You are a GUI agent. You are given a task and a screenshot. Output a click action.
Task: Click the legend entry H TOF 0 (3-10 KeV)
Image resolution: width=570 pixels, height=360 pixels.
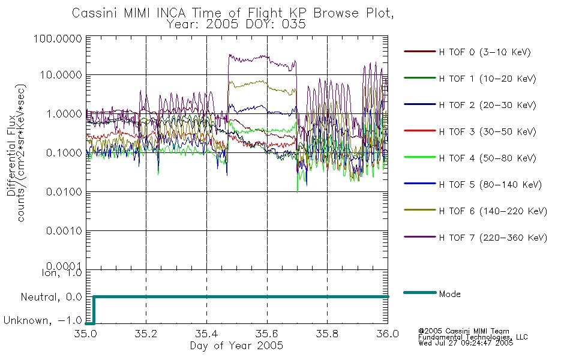[x=485, y=52]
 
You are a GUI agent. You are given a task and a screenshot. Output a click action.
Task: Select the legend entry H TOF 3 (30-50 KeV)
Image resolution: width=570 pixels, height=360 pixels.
[x=487, y=131]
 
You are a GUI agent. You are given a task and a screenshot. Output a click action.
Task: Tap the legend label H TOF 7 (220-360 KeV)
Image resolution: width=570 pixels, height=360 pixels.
[x=493, y=238]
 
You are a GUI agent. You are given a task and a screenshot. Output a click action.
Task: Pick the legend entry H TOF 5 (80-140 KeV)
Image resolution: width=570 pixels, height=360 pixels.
[x=490, y=185]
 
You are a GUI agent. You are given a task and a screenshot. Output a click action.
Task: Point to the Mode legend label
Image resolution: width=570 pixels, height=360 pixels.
[x=449, y=294]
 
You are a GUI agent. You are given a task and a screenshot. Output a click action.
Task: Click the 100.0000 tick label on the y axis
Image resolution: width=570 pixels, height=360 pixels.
[x=58, y=38]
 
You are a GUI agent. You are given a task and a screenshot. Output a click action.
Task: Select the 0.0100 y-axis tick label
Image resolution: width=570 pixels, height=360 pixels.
[x=64, y=191]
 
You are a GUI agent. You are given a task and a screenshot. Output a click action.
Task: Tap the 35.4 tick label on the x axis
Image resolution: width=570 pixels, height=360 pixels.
[x=206, y=334]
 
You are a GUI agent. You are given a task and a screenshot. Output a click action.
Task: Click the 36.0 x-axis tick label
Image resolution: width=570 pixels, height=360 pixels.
[x=388, y=334]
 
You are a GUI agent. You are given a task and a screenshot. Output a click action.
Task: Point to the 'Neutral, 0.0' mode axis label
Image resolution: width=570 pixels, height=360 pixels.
[x=51, y=298]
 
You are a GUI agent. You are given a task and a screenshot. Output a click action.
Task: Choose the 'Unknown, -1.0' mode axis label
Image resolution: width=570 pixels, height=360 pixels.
[x=43, y=321]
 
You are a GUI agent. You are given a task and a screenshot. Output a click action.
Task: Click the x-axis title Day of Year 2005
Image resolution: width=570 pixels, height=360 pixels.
[x=236, y=346]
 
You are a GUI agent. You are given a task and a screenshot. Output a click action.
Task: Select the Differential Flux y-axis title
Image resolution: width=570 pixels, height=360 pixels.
[x=11, y=155]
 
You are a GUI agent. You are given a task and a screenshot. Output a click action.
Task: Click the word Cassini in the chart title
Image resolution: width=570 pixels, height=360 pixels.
[x=95, y=13]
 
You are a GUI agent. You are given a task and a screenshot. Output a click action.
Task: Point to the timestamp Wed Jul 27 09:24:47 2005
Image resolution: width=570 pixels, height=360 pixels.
[x=466, y=343]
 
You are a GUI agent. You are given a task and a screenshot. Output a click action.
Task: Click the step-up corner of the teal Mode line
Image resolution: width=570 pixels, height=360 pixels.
[x=94, y=297]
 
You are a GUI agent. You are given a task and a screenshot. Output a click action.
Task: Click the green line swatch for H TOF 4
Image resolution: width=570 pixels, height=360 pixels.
[x=419, y=157]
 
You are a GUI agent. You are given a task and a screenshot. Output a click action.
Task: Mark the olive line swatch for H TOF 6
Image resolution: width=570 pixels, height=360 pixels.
[x=419, y=210]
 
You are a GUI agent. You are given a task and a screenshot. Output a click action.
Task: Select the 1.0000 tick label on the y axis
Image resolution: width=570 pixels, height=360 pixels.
[x=64, y=114]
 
